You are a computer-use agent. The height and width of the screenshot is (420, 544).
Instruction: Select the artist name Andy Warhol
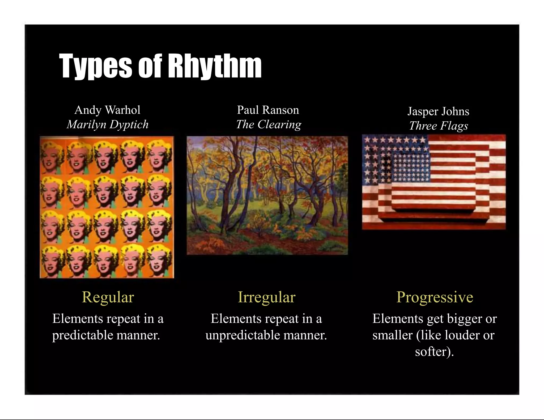[107, 110]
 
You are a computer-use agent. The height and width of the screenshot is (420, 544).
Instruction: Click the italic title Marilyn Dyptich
[107, 124]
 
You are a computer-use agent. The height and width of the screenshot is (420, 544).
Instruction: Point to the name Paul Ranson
[268, 110]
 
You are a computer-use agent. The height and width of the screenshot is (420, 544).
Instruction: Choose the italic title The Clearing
[269, 124]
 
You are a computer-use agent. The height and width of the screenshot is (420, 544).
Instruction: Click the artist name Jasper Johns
[438, 111]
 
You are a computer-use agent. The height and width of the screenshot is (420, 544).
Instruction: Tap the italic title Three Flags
[438, 126]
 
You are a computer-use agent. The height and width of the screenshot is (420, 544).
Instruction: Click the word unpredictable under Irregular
[243, 335]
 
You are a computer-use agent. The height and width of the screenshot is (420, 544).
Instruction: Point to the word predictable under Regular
[83, 335]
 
